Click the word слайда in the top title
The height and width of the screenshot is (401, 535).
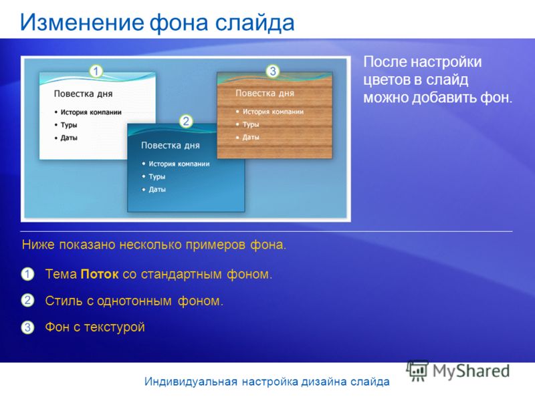pyautogui.click(x=255, y=23)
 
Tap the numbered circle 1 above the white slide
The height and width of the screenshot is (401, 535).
pyautogui.click(x=96, y=72)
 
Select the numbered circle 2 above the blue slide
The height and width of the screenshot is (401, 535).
pyautogui.click(x=186, y=121)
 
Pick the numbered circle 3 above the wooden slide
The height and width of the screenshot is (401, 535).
pyautogui.click(x=273, y=72)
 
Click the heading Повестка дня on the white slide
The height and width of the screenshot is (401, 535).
pyautogui.click(x=83, y=94)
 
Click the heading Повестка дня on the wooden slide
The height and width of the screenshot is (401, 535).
pyautogui.click(x=265, y=93)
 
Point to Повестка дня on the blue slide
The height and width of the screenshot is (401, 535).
pyautogui.click(x=171, y=146)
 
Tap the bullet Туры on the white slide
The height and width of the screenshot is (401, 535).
pyautogui.click(x=69, y=125)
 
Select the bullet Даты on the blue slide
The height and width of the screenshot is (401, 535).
pyautogui.click(x=157, y=190)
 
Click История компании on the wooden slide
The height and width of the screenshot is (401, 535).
pyautogui.click(x=274, y=112)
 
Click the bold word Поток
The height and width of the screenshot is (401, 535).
pyautogui.click(x=100, y=274)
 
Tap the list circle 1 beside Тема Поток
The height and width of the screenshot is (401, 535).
pyautogui.click(x=27, y=274)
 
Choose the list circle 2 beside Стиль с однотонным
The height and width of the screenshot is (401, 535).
pyautogui.click(x=27, y=300)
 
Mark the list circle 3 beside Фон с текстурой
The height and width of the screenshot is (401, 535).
pyautogui.click(x=27, y=327)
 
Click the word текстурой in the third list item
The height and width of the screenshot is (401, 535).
pyautogui.click(x=114, y=327)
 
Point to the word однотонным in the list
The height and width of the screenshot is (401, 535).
pyautogui.click(x=134, y=301)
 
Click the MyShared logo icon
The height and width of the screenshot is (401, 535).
pyautogui.click(x=417, y=371)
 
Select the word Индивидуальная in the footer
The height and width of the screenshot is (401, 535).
pyautogui.click(x=191, y=382)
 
